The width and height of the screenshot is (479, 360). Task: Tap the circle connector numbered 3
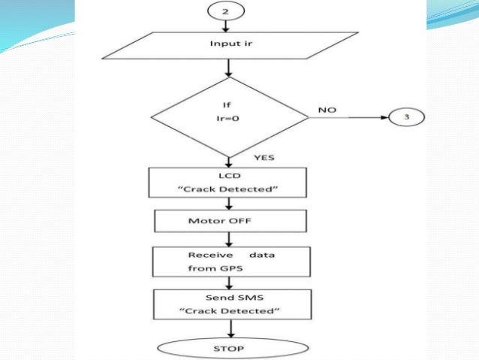[x=406, y=118]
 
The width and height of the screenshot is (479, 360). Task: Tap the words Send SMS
[x=230, y=298]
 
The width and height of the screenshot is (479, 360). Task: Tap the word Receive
[x=204, y=255]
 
